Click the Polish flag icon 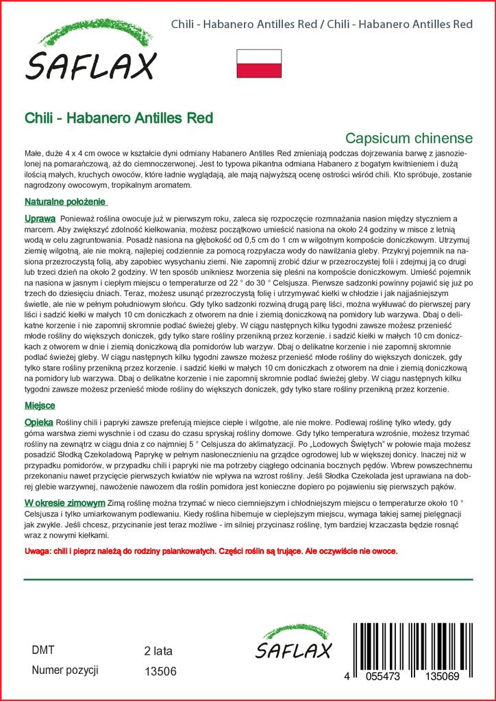pyautogui.click(x=259, y=63)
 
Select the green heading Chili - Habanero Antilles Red pyautogui.click(x=119, y=117)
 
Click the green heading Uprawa pyautogui.click(x=40, y=217)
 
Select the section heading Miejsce pyautogui.click(x=40, y=405)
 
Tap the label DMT pyautogui.click(x=43, y=651)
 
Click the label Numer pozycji pyautogui.click(x=66, y=670)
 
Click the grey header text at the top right pyautogui.click(x=321, y=25)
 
